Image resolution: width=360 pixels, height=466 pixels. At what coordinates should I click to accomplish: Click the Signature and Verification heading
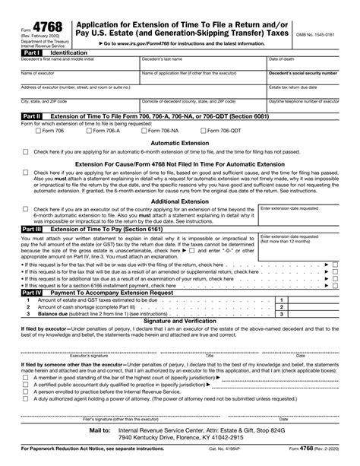(x=180, y=320)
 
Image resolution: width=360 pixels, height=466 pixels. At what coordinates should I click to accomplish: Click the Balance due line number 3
(x=282, y=313)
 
